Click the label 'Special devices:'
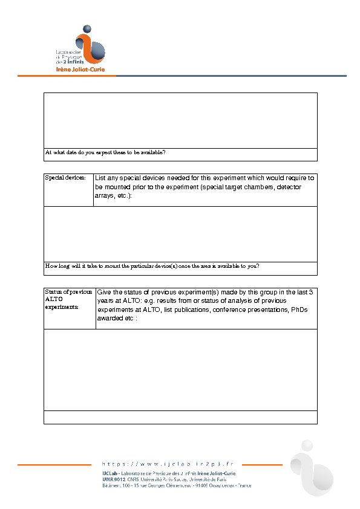point(65,178)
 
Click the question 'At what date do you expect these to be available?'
point(106,153)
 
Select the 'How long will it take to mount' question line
point(152,267)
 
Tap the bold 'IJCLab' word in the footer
point(110,473)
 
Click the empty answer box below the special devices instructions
point(180,234)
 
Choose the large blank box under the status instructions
point(180,369)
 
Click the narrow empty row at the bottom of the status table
point(180,417)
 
